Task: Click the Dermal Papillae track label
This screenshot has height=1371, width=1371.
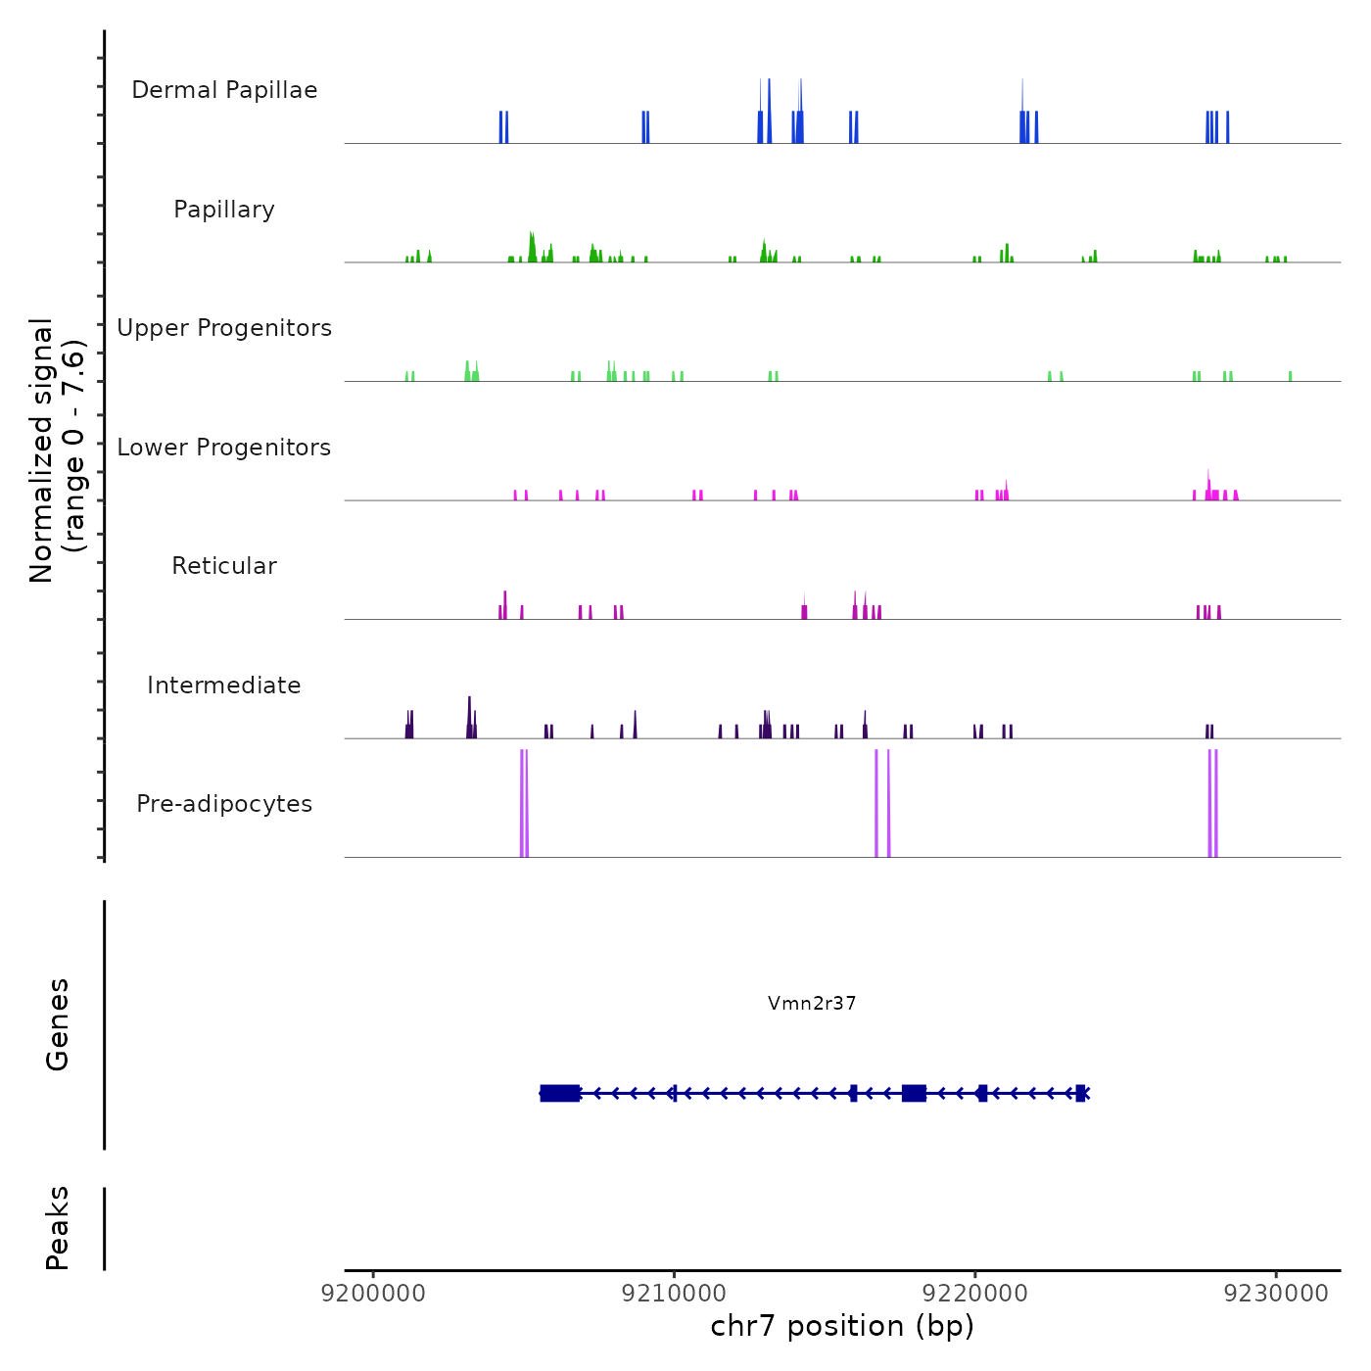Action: pyautogui.click(x=224, y=90)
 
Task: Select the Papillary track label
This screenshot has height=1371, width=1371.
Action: pyautogui.click(x=224, y=210)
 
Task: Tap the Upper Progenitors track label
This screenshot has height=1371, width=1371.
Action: pyautogui.click(x=224, y=328)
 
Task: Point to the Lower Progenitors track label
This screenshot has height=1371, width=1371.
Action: pyautogui.click(x=224, y=448)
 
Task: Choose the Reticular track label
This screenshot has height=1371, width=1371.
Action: pyautogui.click(x=224, y=566)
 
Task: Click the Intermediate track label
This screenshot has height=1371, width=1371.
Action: pyautogui.click(x=224, y=685)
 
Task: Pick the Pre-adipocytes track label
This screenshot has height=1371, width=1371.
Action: pyautogui.click(x=224, y=804)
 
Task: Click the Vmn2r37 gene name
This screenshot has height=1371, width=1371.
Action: pyautogui.click(x=812, y=1003)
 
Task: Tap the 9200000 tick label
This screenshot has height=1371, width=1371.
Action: pyautogui.click(x=373, y=1294)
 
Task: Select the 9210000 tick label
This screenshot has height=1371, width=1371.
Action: pyautogui.click(x=675, y=1294)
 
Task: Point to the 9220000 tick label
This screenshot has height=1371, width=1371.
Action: pyautogui.click(x=975, y=1294)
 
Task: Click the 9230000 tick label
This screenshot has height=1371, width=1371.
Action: pyautogui.click(x=1277, y=1294)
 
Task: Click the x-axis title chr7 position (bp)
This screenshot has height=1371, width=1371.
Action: pyautogui.click(x=842, y=1327)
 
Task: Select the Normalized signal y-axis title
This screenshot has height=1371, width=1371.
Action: pyautogui.click(x=57, y=449)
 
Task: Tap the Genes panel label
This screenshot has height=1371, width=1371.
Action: pyautogui.click(x=58, y=1024)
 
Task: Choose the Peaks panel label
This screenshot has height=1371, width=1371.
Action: pyautogui.click(x=58, y=1228)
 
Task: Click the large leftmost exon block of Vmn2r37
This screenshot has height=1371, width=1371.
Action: pyautogui.click(x=559, y=1093)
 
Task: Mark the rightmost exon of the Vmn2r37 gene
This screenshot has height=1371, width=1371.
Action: pyautogui.click(x=1080, y=1093)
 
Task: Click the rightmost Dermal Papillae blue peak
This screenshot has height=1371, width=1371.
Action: pyautogui.click(x=1227, y=128)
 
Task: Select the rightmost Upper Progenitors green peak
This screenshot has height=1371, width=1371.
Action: pyautogui.click(x=1290, y=376)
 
